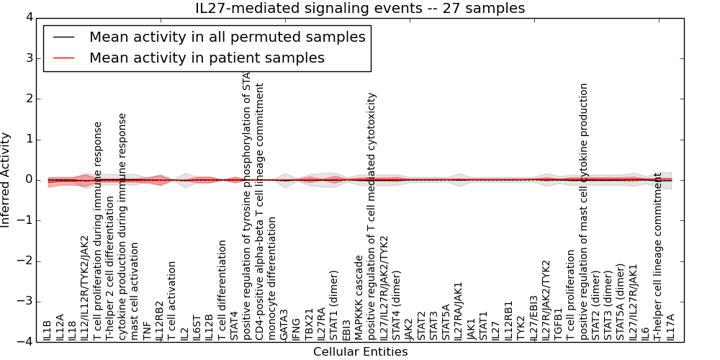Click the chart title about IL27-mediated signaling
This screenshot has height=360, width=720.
360,8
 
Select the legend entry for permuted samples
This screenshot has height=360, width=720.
227,37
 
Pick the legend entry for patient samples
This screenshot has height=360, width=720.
207,58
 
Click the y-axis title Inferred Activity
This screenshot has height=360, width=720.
6,180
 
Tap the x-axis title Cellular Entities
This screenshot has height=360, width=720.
360,352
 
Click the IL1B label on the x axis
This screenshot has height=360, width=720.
47,330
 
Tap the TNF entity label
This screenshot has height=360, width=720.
147,330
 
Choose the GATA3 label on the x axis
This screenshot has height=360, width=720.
284,326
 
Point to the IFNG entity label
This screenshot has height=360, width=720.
297,329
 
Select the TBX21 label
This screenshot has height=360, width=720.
309,326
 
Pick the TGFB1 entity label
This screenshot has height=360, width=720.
557,327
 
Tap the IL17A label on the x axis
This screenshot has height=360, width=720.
670,328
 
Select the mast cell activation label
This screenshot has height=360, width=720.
135,291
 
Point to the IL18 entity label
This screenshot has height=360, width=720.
72,330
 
